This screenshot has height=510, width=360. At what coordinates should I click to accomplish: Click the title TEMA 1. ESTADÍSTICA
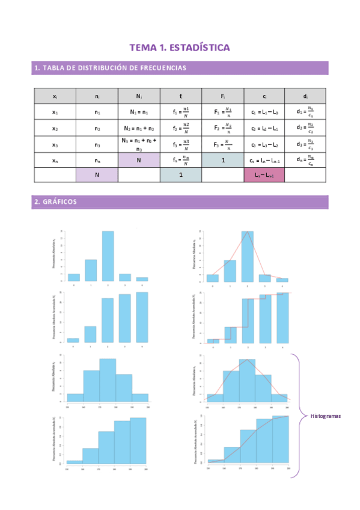point(180,47)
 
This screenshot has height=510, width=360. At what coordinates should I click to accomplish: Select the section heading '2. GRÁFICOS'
point(56,202)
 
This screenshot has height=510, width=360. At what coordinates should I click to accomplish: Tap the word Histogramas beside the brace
point(325,416)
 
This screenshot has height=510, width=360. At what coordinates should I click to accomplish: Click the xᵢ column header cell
point(55,96)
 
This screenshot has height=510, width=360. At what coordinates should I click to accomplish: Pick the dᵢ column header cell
point(305,96)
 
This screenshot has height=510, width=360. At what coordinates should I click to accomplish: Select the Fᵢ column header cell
point(222,96)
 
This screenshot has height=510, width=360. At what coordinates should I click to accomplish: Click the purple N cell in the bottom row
point(97,174)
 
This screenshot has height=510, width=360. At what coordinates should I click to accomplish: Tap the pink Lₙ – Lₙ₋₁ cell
point(264,174)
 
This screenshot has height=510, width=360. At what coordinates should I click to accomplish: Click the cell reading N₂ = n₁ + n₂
point(139,128)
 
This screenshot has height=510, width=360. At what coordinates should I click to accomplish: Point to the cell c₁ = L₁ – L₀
point(264,112)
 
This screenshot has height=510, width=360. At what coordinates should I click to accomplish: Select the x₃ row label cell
point(55,144)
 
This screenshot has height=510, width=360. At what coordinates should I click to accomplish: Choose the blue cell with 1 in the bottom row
point(180,174)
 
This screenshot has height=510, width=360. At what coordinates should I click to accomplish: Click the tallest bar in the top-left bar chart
point(108,256)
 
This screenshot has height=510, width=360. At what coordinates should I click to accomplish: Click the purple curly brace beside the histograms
point(296,415)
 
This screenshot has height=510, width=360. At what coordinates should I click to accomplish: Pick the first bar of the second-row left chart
point(73,340)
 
